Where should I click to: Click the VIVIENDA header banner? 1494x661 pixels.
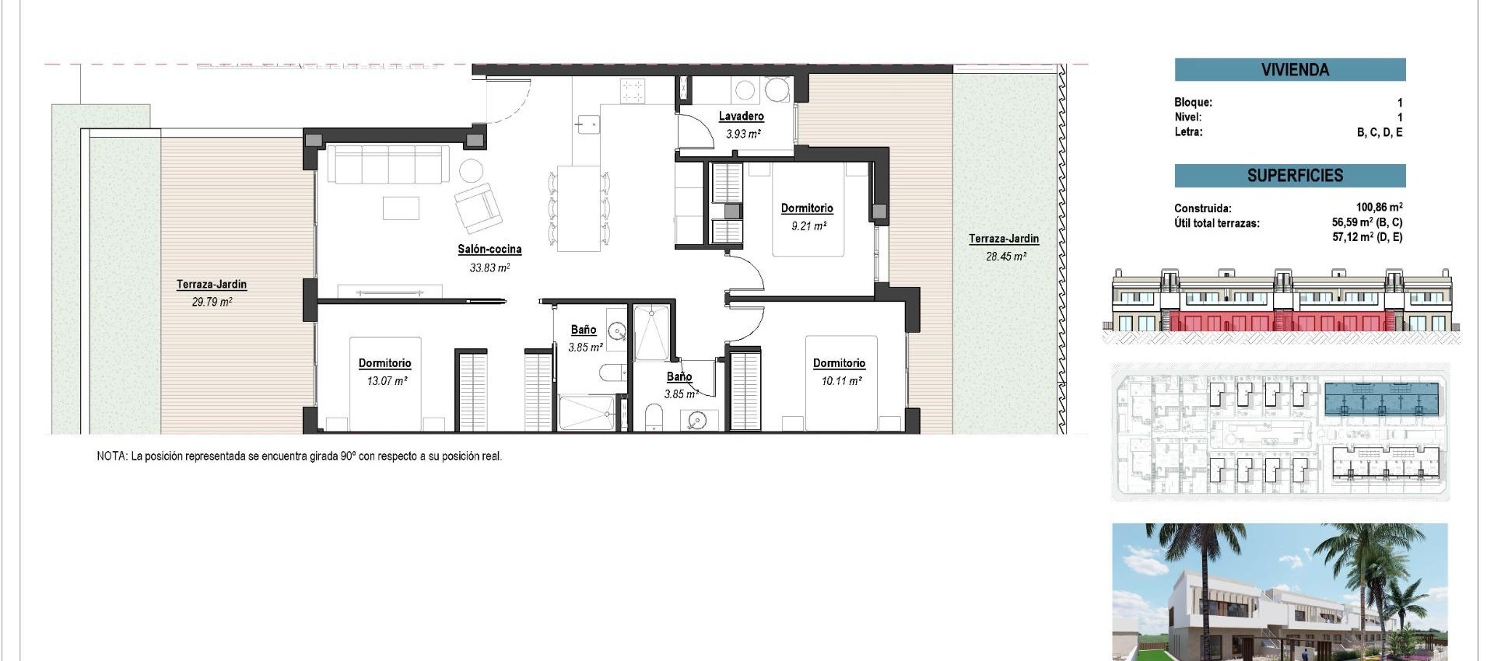[1289, 70]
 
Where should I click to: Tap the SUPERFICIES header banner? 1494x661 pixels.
[1289, 176]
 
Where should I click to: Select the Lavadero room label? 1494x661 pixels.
[741, 117]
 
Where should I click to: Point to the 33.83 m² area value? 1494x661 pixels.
[489, 268]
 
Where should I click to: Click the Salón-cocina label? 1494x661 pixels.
[489, 250]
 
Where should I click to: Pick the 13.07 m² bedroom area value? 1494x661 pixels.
[387, 381]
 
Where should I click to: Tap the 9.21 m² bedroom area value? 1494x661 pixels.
[808, 226]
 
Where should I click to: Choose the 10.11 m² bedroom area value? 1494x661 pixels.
[840, 381]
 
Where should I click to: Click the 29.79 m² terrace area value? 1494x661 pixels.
[212, 302]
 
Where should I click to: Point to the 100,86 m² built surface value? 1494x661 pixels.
[1379, 208]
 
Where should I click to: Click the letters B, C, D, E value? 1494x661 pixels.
[1380, 133]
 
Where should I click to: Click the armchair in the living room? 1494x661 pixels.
[477, 207]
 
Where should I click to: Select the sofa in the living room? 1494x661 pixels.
[388, 164]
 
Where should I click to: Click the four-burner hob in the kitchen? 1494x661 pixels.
[633, 91]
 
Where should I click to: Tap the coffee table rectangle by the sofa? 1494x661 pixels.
[401, 208]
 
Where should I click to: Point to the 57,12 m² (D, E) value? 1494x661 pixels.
[1367, 237]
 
